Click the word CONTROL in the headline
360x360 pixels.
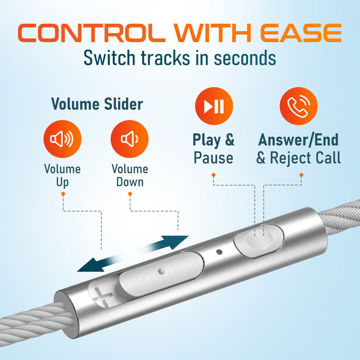coord(91,33)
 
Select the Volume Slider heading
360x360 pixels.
coord(97,104)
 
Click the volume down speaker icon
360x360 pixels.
coord(130,139)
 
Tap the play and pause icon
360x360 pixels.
coord(214,106)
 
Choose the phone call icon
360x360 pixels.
coord(298,106)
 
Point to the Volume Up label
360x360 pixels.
coord(62,176)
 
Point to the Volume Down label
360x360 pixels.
coord(130,175)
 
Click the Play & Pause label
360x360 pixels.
coord(213,149)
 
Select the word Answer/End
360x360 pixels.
coord(298,140)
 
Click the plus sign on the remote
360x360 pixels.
coord(102,296)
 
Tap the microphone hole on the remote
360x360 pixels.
coord(219,252)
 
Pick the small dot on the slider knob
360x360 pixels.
coord(162,271)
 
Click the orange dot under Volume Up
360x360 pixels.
coord(63,194)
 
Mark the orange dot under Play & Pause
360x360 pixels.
coord(213,175)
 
